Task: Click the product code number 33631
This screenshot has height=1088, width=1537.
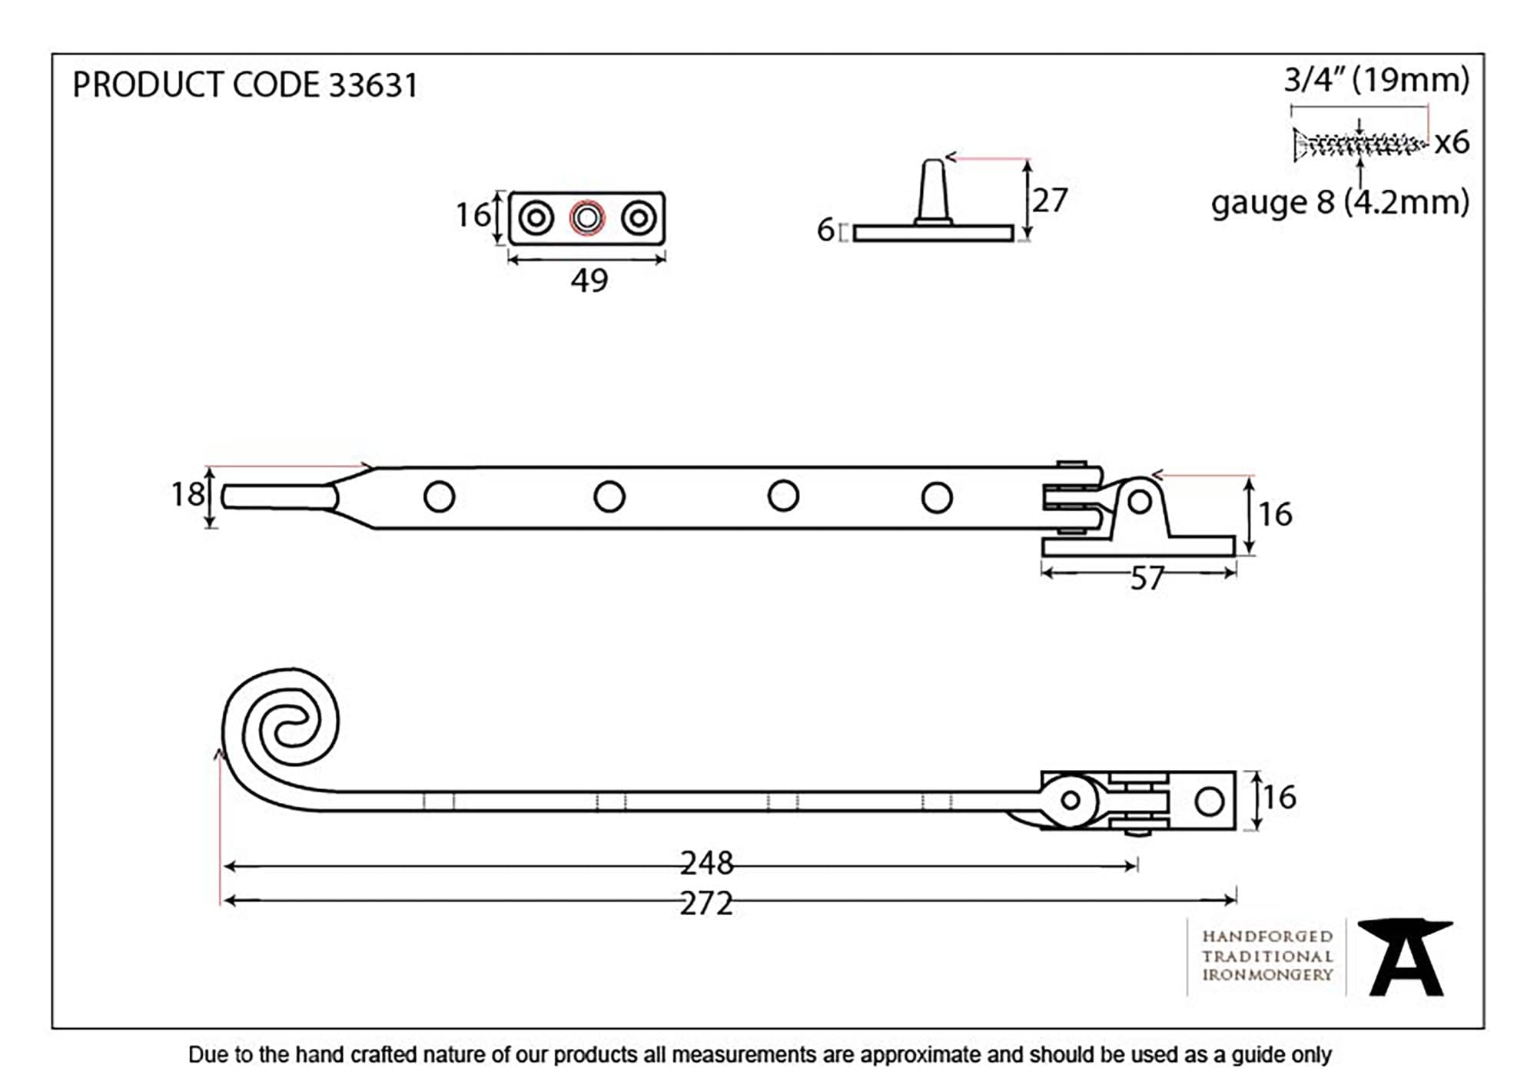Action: pyautogui.click(x=373, y=85)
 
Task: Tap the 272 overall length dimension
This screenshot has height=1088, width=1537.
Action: pyautogui.click(x=706, y=904)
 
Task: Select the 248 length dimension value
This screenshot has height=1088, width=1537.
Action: pyautogui.click(x=706, y=864)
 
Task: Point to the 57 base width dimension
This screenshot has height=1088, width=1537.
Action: pyautogui.click(x=1146, y=579)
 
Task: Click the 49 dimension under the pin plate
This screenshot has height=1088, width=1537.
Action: pyautogui.click(x=589, y=280)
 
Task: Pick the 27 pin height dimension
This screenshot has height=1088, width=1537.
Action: pyautogui.click(x=1050, y=201)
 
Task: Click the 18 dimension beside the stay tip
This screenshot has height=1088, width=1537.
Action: pyautogui.click(x=187, y=495)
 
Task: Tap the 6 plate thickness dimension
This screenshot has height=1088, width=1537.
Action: pyautogui.click(x=825, y=230)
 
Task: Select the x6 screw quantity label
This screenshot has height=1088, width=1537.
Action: pyautogui.click(x=1452, y=143)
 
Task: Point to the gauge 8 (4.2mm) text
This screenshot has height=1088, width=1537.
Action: pyautogui.click(x=1339, y=203)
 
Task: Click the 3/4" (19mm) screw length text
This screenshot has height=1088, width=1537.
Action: pyautogui.click(x=1376, y=80)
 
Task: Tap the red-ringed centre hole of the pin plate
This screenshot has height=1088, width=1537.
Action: pyautogui.click(x=587, y=218)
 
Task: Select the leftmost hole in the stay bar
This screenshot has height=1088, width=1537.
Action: pyautogui.click(x=439, y=497)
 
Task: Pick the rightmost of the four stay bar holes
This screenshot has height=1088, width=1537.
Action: pyautogui.click(x=936, y=497)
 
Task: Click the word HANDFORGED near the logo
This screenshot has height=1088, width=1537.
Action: pyautogui.click(x=1266, y=937)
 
